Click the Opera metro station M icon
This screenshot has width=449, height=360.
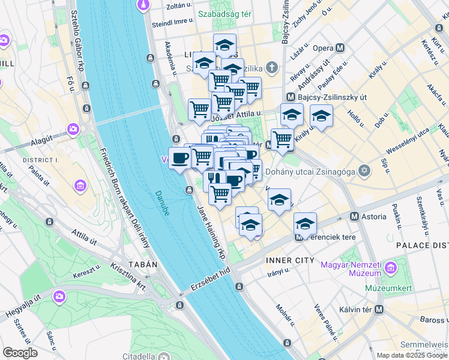pos(340,48)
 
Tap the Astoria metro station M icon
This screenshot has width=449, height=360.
pos(355,216)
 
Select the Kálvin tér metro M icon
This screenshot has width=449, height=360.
pos(378,310)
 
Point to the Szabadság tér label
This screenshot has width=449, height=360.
pos(229,13)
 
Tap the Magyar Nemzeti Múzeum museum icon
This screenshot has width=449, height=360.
pos(391,266)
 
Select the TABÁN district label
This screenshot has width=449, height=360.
pos(142,264)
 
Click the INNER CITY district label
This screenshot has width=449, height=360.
pos(290,260)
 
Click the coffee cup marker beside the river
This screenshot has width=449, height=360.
pos(179,158)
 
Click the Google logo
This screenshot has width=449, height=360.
pos(20,353)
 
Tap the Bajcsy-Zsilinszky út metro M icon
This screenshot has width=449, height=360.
pos(291,97)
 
